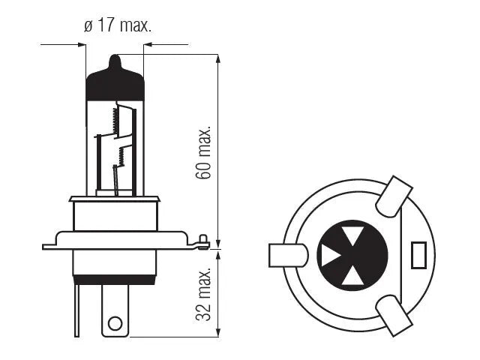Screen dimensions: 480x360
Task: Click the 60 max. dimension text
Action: coord(203,152)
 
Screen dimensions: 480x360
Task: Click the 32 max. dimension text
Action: coord(203,294)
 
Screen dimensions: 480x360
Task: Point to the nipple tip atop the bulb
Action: coord(115,56)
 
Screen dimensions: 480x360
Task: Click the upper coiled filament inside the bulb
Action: coord(115,120)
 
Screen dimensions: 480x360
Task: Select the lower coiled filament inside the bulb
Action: coord(121,156)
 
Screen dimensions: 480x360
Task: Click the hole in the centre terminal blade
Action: coord(115,323)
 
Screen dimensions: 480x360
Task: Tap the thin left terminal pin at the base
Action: coord(76,310)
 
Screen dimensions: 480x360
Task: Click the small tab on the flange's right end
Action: coord(202,241)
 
